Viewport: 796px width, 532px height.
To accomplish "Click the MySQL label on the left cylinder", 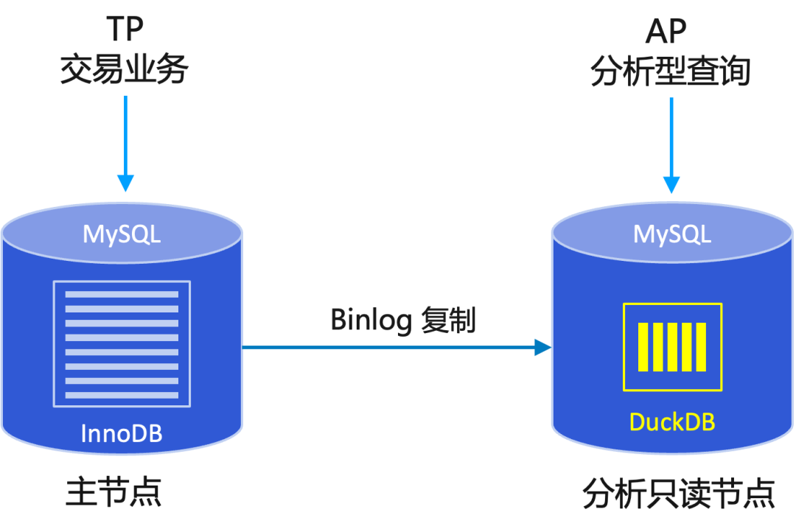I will click(122, 234).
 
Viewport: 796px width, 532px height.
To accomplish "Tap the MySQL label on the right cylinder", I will click(672, 234).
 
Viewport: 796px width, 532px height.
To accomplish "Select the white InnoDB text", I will click(122, 433).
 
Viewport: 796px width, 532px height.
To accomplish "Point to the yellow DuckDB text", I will click(672, 421).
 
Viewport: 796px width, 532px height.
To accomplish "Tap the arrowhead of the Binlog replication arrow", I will click(543, 351).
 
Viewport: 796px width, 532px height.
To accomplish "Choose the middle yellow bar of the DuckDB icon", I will click(671, 346).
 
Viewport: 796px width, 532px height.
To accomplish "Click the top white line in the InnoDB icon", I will click(122, 295).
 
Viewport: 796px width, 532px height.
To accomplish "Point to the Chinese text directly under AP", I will click(670, 74).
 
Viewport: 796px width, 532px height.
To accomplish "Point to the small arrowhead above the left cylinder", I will click(124, 187).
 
